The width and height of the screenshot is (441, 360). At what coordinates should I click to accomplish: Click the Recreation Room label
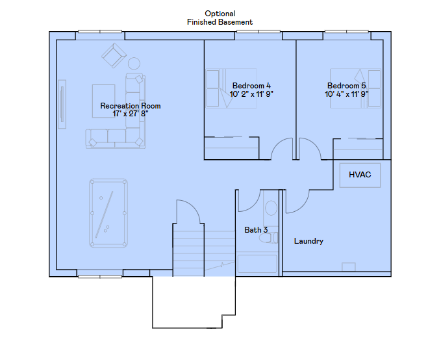click(x=130, y=106)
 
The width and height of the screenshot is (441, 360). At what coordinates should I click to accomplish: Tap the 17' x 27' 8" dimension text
click(x=130, y=114)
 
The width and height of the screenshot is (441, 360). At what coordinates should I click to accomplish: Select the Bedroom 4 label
click(x=251, y=86)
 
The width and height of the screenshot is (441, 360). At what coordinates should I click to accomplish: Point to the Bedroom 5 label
click(x=346, y=86)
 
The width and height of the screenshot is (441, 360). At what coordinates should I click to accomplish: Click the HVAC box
click(x=360, y=175)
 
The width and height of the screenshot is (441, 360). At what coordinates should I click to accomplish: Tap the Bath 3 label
click(x=256, y=230)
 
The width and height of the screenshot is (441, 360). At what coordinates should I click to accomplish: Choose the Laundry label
click(x=309, y=241)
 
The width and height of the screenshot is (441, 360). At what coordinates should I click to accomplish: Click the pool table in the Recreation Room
click(x=108, y=213)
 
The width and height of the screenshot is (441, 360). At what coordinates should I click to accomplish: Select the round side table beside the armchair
click(x=134, y=64)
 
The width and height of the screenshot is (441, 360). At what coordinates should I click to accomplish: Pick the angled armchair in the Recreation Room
click(x=114, y=55)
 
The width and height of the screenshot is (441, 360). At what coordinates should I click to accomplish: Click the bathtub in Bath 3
click(x=257, y=263)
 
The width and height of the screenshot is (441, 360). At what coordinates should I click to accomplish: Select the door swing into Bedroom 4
click(x=282, y=149)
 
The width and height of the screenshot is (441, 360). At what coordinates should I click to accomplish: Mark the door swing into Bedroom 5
click(x=309, y=149)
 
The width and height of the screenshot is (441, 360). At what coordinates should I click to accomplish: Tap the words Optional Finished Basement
click(x=220, y=18)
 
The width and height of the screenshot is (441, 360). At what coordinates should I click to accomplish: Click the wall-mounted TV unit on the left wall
click(x=62, y=104)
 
